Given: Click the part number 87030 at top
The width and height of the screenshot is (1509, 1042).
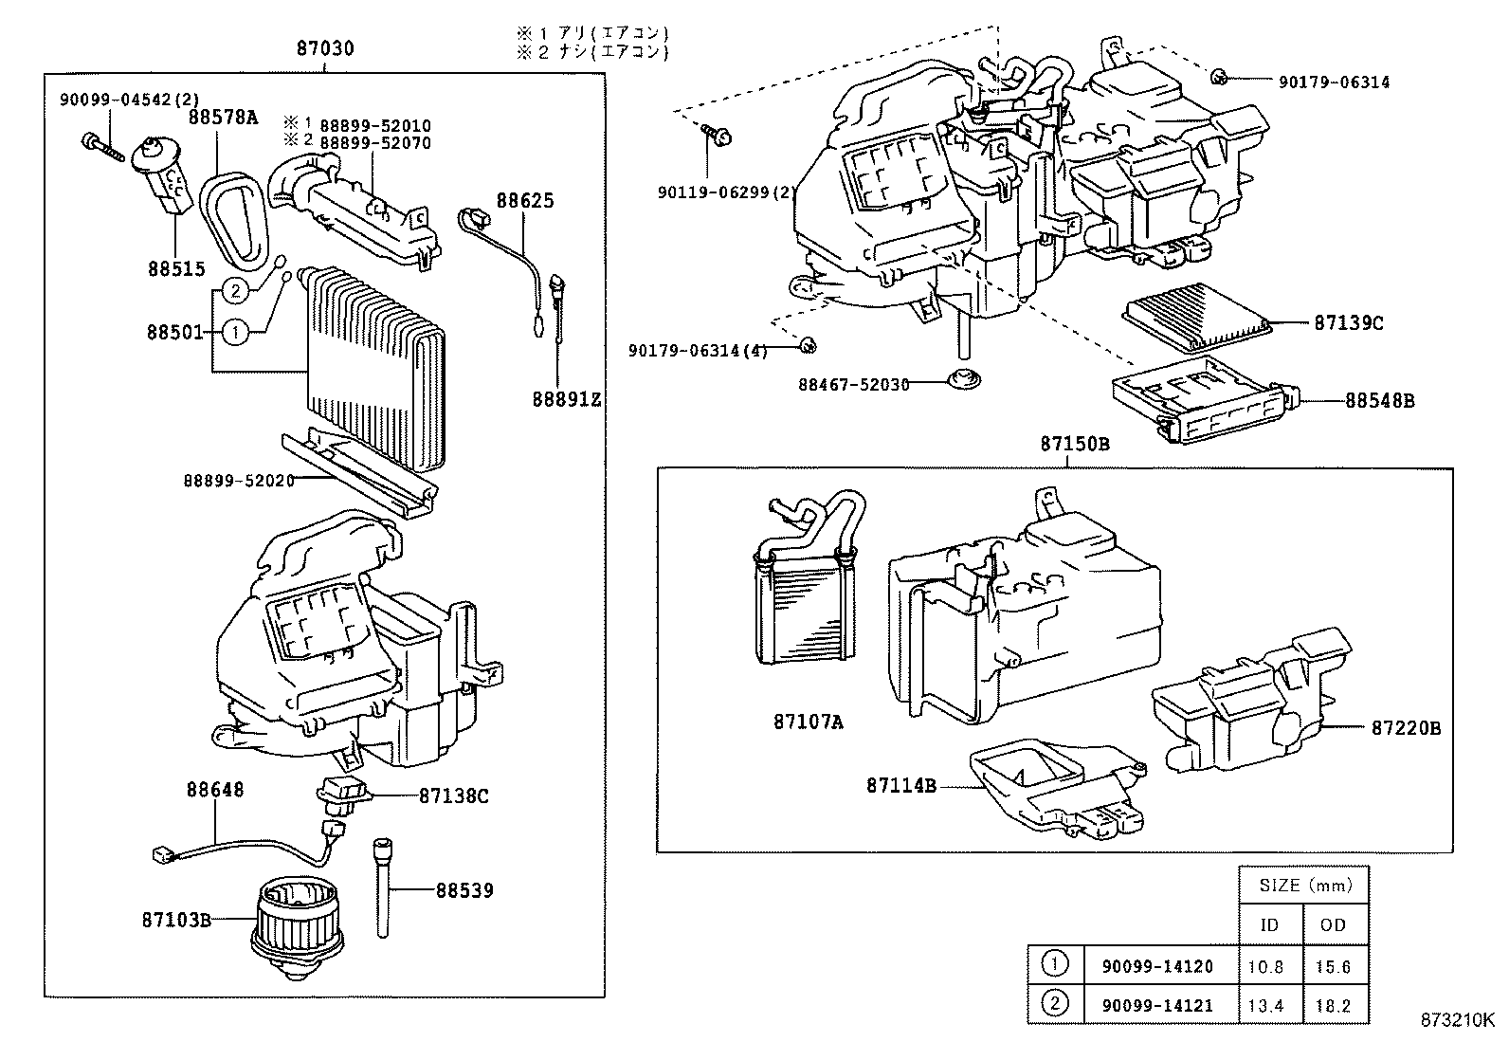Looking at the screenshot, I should point(324,47).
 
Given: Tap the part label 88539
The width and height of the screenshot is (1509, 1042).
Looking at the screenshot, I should point(464,890).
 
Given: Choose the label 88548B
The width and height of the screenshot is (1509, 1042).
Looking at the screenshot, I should point(1379,401).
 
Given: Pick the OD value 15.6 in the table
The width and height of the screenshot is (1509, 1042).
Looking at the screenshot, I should point(1333,966).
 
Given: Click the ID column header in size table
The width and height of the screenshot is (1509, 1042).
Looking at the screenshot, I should point(1269,924).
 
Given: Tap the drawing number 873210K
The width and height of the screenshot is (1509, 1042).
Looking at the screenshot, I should point(1456,1021).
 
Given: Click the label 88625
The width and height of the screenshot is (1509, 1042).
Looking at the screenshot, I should point(525,201).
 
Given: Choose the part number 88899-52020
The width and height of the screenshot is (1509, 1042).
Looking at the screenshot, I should point(239,481).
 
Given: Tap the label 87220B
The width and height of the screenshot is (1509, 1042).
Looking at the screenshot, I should point(1405,728).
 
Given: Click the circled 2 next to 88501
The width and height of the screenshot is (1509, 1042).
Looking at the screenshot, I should point(236,290).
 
